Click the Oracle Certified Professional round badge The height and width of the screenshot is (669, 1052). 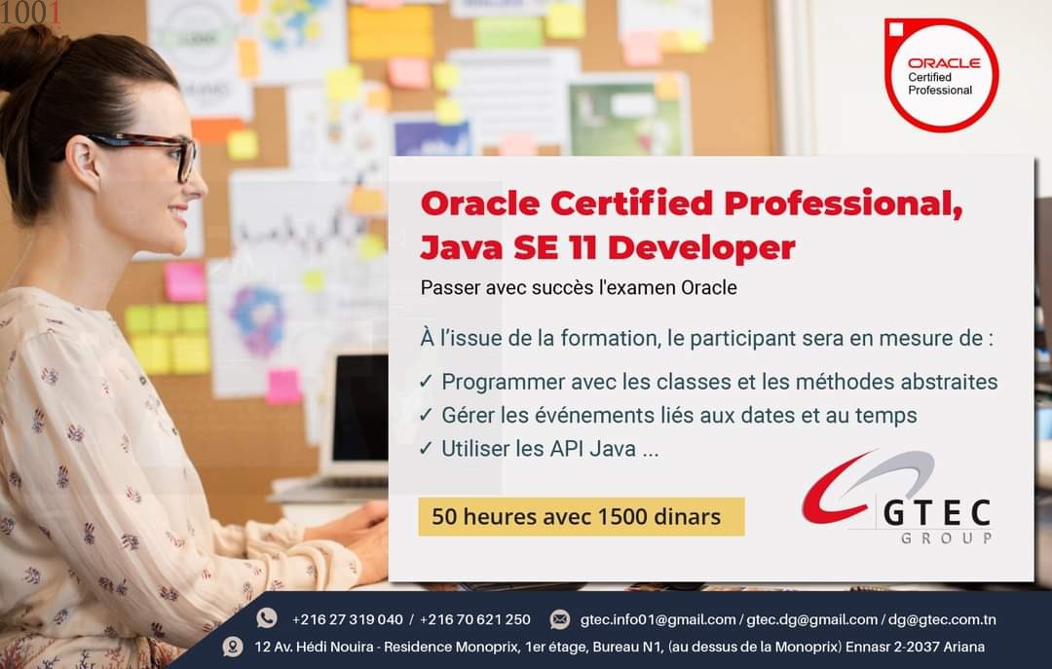pos(941,74)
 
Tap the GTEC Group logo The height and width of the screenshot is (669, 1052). pos(897,498)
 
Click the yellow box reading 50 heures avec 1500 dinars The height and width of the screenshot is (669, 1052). pos(581,517)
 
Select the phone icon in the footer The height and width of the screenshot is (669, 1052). pos(266,618)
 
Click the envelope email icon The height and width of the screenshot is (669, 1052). pos(559,619)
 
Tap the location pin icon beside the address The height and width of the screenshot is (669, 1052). pos(233,647)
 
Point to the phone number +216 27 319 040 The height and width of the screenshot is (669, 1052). pos(348,619)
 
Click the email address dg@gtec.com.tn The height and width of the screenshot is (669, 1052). pos(942,619)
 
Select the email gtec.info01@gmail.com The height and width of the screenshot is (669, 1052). pos(657,619)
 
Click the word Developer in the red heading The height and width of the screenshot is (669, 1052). pos(701,247)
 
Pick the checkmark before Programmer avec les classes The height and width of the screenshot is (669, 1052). pos(426,381)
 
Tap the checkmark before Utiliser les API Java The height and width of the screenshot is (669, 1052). pos(426,448)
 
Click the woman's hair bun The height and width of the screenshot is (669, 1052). pos(30,57)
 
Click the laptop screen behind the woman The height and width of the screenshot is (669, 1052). pos(359,407)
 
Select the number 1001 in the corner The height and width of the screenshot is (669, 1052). pos(31,13)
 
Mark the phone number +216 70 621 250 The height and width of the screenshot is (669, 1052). pos(475,619)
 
